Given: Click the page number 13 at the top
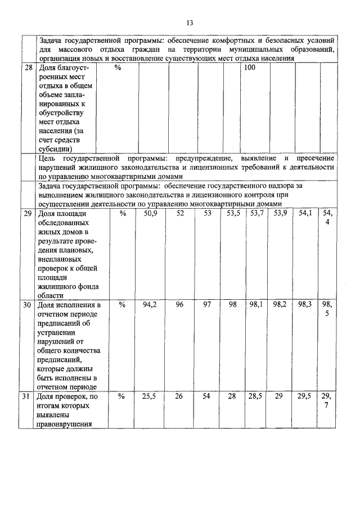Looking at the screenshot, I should pyautogui.click(x=190, y=22).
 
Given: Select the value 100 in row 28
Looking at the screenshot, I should pyautogui.click(x=249, y=67).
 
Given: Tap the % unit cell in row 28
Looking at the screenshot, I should pyautogui.click(x=118, y=67).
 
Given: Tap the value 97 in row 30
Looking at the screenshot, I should pyautogui.click(x=208, y=305).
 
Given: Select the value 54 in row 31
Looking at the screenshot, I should pyautogui.click(x=208, y=397).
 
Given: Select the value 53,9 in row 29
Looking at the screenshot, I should pyautogui.click(x=280, y=213).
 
